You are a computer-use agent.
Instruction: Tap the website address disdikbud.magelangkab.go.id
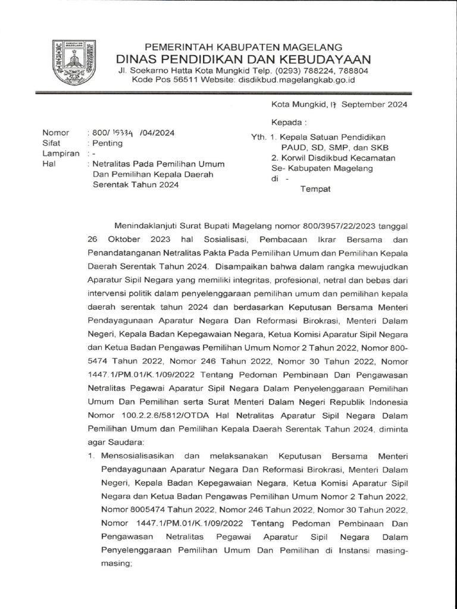coord(296,79)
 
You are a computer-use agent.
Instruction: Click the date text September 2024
coord(374,104)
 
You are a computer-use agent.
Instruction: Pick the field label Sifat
coord(52,143)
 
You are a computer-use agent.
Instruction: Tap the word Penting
coord(108,143)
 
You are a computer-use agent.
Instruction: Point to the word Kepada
coord(288,123)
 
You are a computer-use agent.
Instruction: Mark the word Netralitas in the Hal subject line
coord(113,164)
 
